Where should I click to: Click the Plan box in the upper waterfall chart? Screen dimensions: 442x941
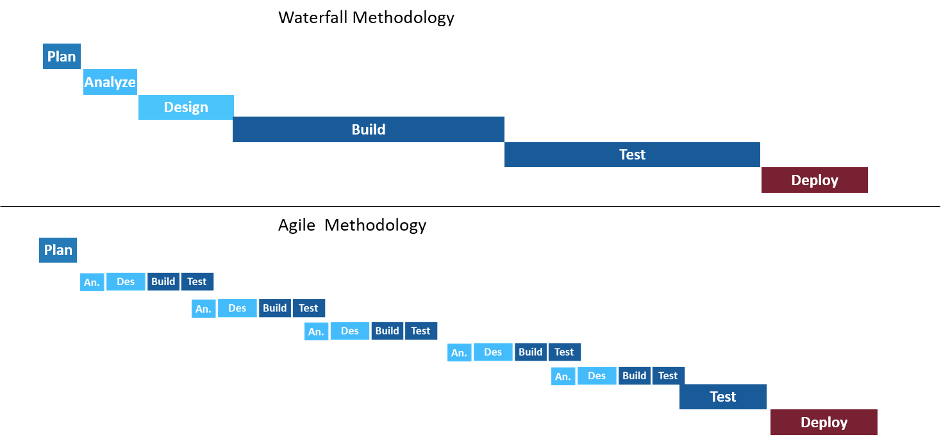pos(62,56)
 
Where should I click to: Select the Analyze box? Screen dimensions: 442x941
pos(110,82)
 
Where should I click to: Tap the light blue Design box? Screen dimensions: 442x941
pos(186,107)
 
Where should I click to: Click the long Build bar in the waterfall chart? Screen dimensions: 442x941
pos(369,129)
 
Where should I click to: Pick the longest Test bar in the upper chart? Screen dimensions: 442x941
pos(632,154)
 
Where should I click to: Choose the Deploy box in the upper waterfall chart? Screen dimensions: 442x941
pos(814,180)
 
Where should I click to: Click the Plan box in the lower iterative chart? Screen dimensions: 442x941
pos(58,250)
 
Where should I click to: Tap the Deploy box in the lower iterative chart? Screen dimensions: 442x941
pos(824,422)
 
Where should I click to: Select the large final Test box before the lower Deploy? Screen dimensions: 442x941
pos(722,397)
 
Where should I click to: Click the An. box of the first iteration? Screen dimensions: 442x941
pos(92,282)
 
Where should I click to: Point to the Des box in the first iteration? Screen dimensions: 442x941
pos(126,282)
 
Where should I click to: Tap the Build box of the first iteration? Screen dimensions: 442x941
pos(163,282)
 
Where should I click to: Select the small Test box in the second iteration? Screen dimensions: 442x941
pos(308,308)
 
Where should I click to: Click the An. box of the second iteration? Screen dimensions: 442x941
pos(203,309)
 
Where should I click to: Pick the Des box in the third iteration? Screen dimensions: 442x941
pos(349,331)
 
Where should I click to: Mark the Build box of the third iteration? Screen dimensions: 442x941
pos(387,331)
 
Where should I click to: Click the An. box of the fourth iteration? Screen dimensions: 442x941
pos(459,352)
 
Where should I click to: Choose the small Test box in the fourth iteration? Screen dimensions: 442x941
pos(564,352)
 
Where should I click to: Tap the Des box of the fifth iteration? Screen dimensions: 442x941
pos(597,376)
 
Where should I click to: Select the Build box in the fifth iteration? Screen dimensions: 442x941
pos(635,376)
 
